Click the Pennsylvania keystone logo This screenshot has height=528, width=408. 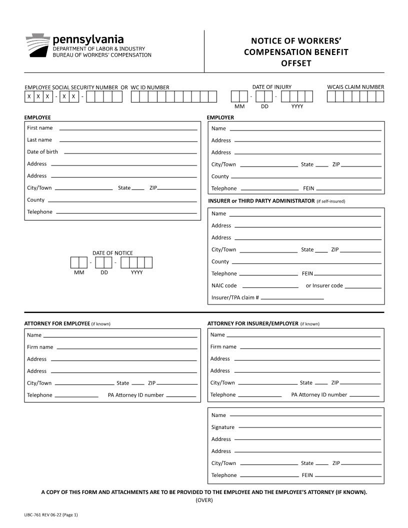(37, 45)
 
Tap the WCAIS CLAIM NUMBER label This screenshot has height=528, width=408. (355, 87)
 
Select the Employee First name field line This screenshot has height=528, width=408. (128, 129)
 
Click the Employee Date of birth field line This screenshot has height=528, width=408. (130, 153)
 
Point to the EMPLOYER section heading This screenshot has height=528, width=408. (220, 117)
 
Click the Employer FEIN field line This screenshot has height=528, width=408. (348, 189)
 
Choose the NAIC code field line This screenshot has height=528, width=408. (270, 287)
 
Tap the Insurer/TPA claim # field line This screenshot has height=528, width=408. (292, 299)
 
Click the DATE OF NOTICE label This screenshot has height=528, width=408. (112, 253)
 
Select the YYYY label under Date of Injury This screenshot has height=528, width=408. (297, 106)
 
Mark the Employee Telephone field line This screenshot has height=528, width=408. (126, 213)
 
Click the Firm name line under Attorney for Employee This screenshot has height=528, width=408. (127, 348)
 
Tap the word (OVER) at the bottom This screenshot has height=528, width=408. (204, 500)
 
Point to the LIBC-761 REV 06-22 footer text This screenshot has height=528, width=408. (50, 514)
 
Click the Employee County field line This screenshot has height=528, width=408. (122, 201)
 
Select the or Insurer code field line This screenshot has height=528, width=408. (362, 287)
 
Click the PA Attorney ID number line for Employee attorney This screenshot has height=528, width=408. (181, 396)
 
